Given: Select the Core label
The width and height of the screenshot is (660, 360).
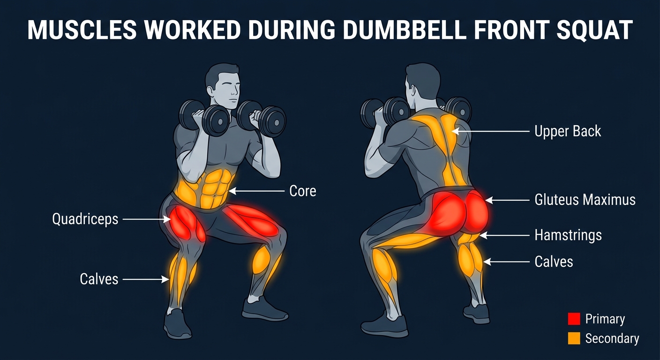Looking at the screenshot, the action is pos(303,191).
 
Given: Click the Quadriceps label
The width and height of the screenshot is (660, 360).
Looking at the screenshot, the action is pos(85,219).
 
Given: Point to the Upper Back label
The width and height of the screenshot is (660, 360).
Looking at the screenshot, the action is pos(568,131).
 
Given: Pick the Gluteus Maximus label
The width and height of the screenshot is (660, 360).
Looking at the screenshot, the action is pos(585,200).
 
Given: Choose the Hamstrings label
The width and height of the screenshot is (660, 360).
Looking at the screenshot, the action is pos(568,235).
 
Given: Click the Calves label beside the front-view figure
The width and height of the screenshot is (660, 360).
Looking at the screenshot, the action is pos(99,279).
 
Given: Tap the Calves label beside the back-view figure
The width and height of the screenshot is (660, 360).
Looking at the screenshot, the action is pos(554,262).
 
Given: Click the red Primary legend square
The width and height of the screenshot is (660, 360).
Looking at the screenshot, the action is pos(574,319).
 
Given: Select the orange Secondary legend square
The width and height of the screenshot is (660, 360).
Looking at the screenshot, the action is pos(574,338).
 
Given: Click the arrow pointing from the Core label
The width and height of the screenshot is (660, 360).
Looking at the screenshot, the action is pos(256,191).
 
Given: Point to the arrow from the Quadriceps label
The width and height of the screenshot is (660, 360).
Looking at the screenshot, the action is pos(147,219).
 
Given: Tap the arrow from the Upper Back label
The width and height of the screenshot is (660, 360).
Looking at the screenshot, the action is pos(491,131).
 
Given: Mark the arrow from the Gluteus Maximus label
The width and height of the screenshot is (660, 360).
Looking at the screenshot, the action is pos(507,200).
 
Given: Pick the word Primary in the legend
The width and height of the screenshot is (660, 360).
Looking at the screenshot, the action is pos(605,319).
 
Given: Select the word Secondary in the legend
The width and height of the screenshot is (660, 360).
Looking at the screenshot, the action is pos(612,338).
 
